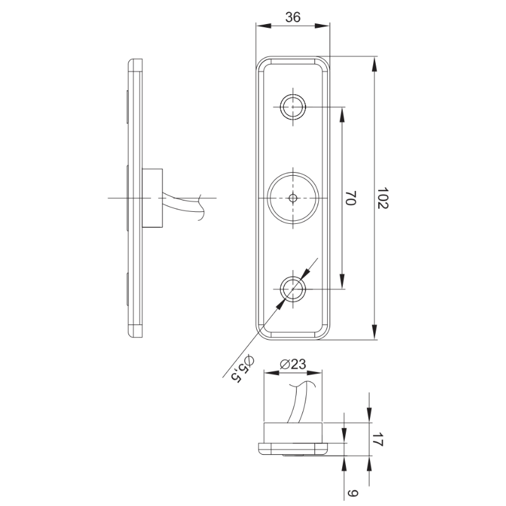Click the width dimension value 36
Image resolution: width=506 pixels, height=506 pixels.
[x=293, y=17]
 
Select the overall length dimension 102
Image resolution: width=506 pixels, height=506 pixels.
[x=383, y=197]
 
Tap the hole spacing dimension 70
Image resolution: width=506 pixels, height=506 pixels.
[x=350, y=197]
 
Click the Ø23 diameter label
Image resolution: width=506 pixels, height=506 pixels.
[x=293, y=364]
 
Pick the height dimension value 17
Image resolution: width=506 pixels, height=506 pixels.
[x=377, y=439]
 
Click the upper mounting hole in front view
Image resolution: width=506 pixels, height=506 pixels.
[x=293, y=106]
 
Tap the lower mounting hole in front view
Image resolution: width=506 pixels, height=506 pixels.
[x=293, y=289]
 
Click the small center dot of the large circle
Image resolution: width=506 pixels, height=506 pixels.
[x=293, y=198]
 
